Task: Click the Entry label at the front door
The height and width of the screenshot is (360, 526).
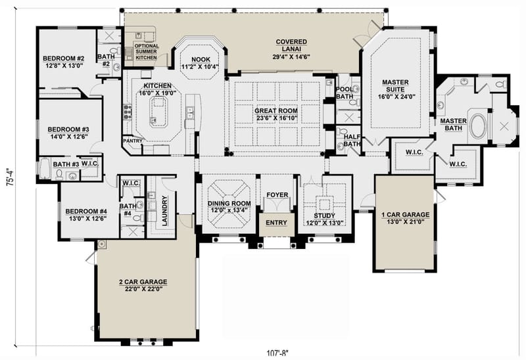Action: tap(276, 223)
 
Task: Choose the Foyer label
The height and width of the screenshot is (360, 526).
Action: tap(276, 196)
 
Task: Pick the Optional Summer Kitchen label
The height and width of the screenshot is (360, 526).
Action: tap(146, 51)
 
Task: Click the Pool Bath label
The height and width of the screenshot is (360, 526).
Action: tap(345, 93)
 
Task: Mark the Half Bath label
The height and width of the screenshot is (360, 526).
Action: tap(352, 140)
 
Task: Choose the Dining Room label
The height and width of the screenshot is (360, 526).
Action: tap(229, 207)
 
